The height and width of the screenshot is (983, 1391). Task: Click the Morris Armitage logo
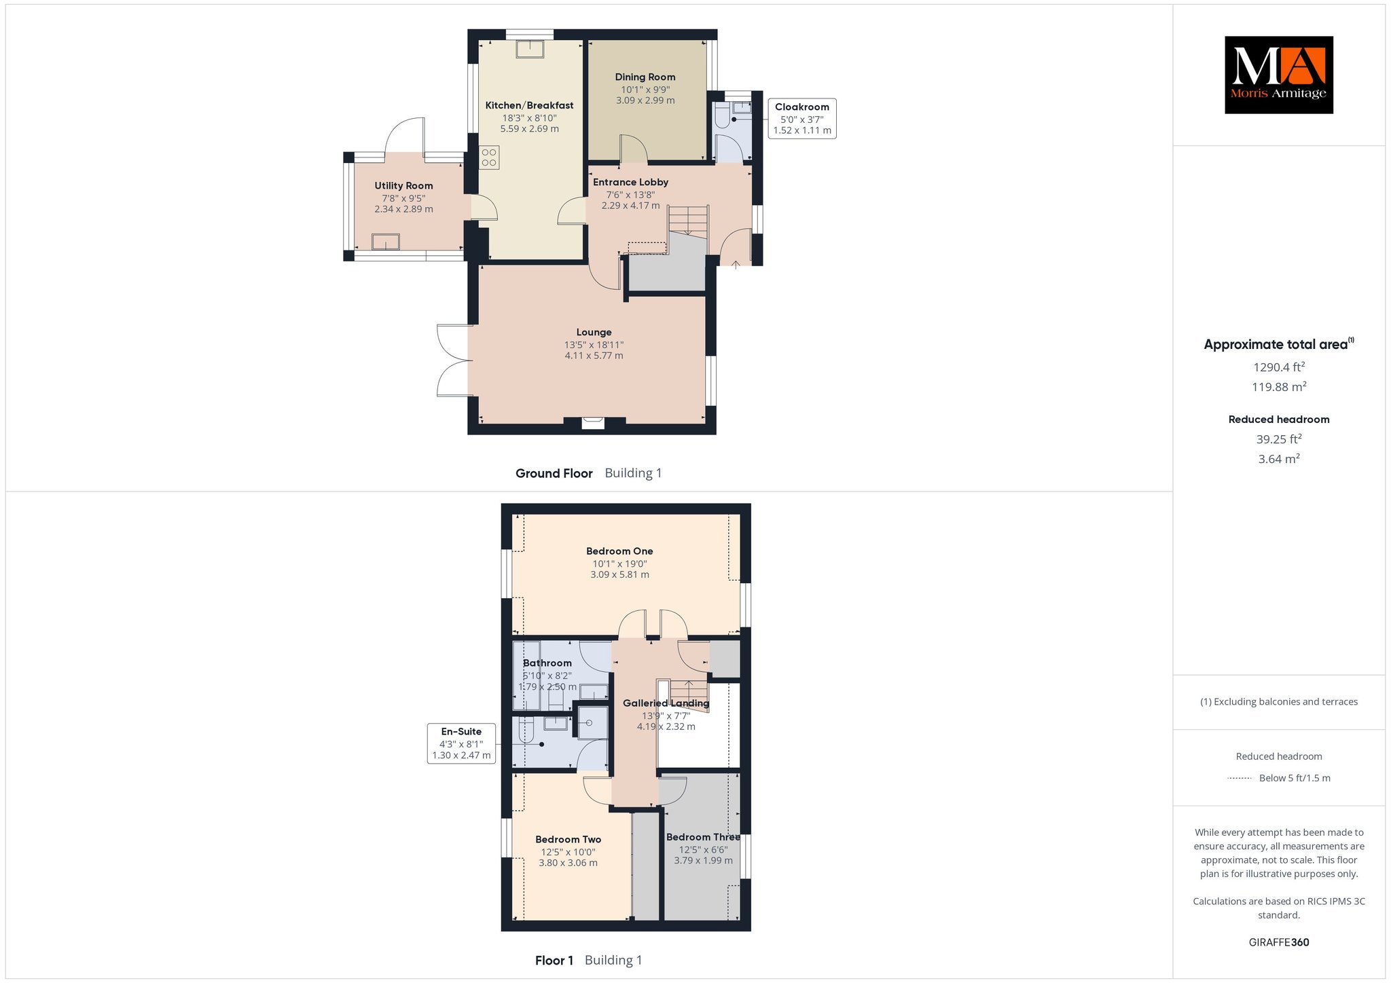[1279, 75]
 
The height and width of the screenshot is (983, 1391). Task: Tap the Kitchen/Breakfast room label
[529, 105]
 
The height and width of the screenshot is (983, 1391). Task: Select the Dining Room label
[645, 77]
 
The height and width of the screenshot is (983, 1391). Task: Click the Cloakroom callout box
[802, 119]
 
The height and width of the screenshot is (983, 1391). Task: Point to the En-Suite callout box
[461, 743]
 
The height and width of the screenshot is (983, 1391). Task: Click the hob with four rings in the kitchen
[489, 157]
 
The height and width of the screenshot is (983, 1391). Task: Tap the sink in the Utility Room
[386, 242]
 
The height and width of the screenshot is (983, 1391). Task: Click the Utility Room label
[403, 185]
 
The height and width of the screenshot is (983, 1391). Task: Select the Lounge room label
[594, 332]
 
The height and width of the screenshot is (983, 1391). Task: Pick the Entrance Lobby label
[630, 182]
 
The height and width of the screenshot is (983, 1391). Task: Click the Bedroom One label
[619, 551]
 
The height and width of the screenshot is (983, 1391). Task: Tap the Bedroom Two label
[568, 840]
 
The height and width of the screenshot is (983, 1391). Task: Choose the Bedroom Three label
[703, 837]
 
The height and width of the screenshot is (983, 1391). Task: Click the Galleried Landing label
[666, 703]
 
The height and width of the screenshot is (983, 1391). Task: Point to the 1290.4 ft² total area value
[1279, 367]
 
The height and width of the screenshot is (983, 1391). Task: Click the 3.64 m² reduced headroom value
[1279, 459]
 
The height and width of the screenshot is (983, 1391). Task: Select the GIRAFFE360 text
[1279, 942]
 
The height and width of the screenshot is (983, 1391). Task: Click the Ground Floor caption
[554, 473]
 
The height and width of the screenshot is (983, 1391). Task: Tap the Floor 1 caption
[554, 960]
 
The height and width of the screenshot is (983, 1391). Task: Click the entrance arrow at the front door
[736, 264]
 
